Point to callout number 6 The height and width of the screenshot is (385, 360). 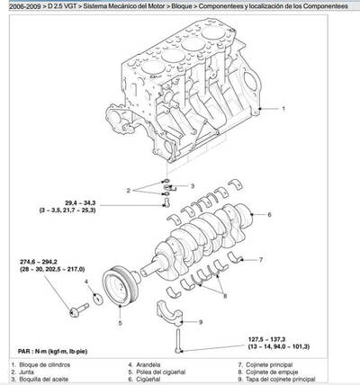click(269, 215)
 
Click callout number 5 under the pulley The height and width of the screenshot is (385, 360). click(119, 322)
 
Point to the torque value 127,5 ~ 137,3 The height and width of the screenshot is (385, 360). click(273, 339)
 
